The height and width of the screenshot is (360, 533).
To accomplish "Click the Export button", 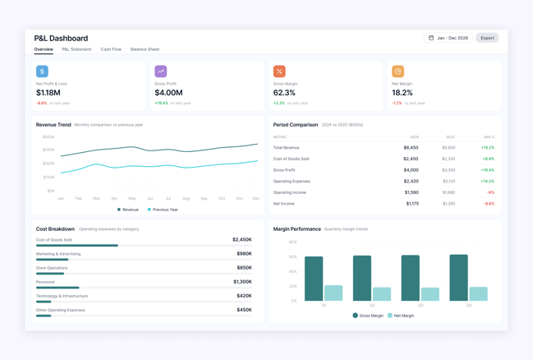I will [487, 38].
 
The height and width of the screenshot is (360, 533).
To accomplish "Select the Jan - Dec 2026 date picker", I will [448, 38].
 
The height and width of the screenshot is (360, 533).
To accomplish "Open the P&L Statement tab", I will [76, 49].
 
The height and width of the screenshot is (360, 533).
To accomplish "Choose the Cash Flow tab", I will [111, 49].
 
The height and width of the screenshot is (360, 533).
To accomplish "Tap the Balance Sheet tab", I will [145, 49].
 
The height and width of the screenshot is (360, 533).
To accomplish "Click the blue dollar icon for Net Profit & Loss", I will [42, 72].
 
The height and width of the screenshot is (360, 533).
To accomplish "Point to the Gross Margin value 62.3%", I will [284, 93].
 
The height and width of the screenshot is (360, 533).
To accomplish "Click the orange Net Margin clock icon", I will [397, 72].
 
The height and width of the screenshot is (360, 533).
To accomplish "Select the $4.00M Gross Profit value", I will [168, 93].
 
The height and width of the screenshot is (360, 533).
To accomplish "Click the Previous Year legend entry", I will [163, 210].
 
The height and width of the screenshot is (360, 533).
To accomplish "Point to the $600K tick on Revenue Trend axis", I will [48, 137].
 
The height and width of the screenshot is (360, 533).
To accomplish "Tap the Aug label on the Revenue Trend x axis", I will [186, 198].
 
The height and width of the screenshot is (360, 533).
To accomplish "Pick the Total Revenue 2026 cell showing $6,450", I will [411, 148].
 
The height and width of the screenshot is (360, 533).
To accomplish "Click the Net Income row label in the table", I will [283, 203].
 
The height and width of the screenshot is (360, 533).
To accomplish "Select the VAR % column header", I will [488, 137].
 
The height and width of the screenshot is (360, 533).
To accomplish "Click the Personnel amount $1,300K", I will [242, 282].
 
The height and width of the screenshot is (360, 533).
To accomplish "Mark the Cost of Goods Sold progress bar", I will [76, 245].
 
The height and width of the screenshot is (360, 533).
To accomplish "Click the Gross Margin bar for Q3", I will [411, 278].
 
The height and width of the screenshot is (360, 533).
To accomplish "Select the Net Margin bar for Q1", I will [333, 293].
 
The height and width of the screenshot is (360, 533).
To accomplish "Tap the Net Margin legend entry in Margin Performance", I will [401, 316].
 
